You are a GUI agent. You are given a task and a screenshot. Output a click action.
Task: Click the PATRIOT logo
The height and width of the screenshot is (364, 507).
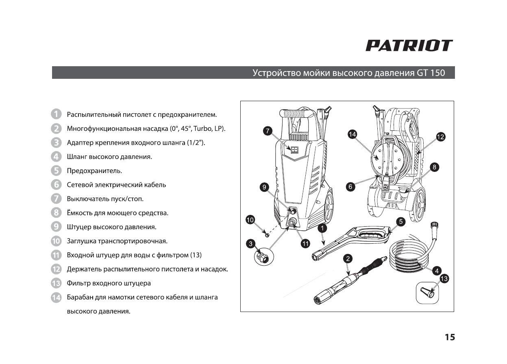coord(409,45)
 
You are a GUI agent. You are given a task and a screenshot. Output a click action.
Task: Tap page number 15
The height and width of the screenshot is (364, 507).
coord(449,337)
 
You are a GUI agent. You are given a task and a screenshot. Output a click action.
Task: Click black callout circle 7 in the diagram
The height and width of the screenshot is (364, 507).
coord(267,131)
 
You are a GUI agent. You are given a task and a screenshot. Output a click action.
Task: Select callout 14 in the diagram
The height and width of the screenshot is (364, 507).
coord(353,134)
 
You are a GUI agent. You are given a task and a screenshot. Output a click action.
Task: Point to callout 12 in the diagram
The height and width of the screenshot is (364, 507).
coord(440,136)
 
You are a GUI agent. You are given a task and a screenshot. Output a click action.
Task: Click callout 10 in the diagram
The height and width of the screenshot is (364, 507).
coord(250,220)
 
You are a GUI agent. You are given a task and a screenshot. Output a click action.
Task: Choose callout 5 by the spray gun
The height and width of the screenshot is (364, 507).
coord(401,221)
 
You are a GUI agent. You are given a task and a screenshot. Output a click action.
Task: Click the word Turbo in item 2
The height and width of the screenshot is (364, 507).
coord(202,129)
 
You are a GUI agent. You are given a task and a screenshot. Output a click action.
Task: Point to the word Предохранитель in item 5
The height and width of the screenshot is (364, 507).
coord(94,171)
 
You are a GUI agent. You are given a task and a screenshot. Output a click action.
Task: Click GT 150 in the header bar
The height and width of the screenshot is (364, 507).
coord(431,73)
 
